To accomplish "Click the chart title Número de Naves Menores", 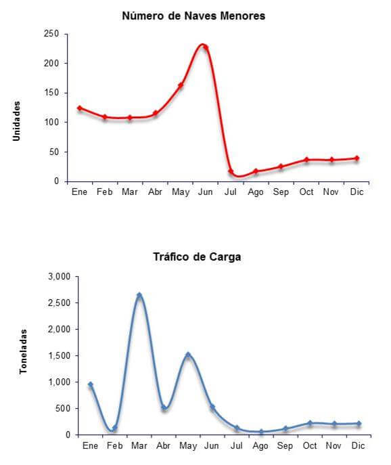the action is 193,16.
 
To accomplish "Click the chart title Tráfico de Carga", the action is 197,257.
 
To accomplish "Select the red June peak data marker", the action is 205,47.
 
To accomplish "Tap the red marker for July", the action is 231,171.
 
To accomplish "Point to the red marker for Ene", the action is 79,108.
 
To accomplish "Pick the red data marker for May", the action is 181,85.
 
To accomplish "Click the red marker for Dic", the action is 357,158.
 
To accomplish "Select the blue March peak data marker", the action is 139,295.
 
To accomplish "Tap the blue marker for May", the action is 188,355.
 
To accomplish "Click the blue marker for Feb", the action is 115,428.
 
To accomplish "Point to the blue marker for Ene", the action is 91,384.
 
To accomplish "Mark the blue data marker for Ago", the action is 261,432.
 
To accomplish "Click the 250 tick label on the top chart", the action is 51,34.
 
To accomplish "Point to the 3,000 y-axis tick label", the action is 60,277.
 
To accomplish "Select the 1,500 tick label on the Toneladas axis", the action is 60,355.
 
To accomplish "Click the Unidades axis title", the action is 17,121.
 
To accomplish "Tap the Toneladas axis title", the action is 23,351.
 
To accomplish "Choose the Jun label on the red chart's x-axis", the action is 206,192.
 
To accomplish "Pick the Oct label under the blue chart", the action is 310,445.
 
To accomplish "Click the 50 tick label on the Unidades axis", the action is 54,152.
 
